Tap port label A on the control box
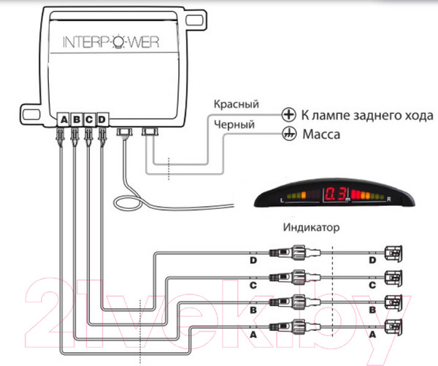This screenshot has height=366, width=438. (x=64, y=118)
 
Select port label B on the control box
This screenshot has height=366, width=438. (x=77, y=118)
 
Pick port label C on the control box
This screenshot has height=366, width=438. (x=89, y=118)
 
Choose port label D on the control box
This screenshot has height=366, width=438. (x=101, y=118)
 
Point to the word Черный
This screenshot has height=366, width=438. (x=234, y=125)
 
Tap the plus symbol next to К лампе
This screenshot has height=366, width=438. (x=289, y=115)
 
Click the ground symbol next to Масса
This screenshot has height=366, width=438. (x=289, y=134)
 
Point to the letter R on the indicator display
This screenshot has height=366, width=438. (x=391, y=199)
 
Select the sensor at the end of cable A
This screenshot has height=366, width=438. (x=394, y=327)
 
